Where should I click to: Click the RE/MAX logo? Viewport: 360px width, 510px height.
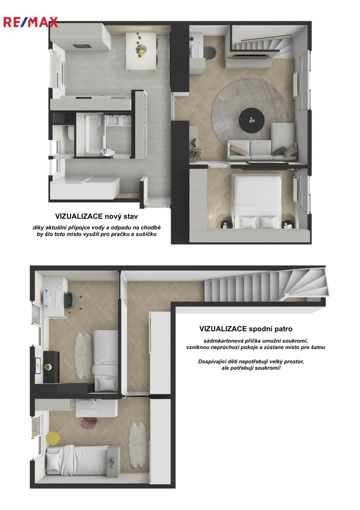click(31, 22)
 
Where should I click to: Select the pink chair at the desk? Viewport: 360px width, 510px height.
click(87, 423)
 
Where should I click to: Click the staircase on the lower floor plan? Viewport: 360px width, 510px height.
click(265, 285)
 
